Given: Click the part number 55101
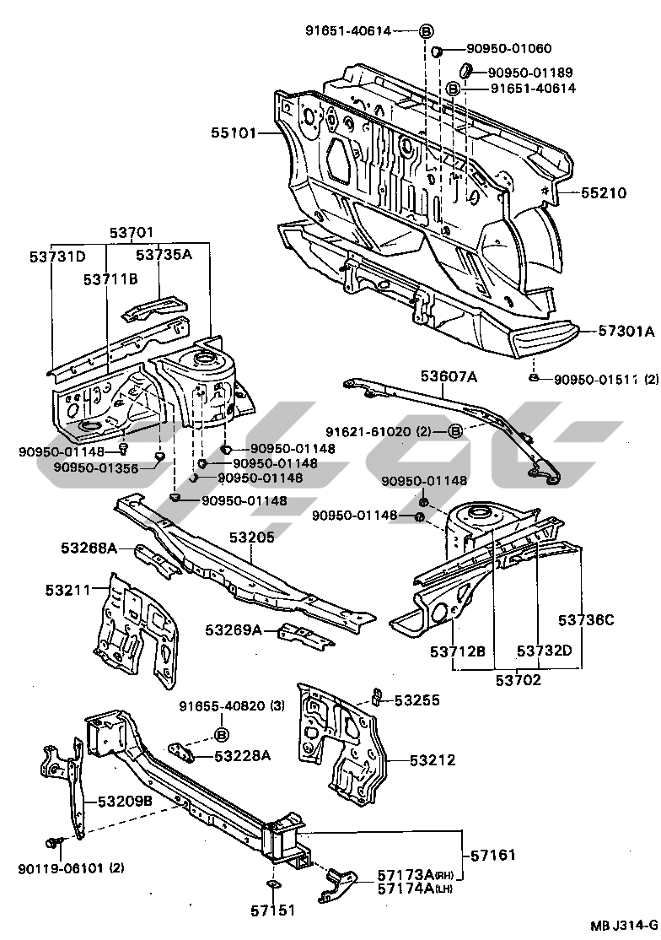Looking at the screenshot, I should click(x=234, y=133).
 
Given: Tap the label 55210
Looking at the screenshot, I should click(x=603, y=193).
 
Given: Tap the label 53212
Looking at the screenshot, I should click(x=433, y=760).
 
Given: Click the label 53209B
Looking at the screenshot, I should click(x=124, y=801).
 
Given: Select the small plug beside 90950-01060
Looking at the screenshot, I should click(x=438, y=54).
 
